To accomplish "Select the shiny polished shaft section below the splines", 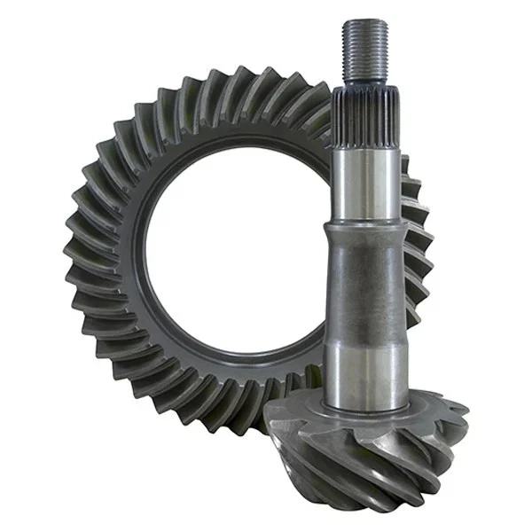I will click(362, 177).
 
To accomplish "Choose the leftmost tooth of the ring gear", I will click(71, 257).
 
